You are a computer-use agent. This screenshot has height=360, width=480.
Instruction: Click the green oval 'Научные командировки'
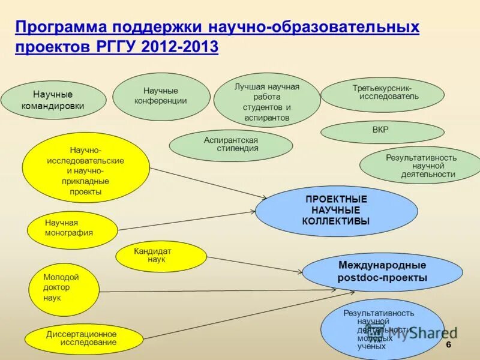[x=53, y=100]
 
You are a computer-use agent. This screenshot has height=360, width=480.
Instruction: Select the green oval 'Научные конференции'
[x=161, y=96]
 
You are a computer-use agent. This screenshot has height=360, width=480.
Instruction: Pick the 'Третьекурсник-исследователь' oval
[x=382, y=95]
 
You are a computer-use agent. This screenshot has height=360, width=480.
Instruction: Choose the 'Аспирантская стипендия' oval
[x=231, y=145]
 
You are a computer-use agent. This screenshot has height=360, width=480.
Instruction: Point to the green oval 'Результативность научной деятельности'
[x=421, y=166]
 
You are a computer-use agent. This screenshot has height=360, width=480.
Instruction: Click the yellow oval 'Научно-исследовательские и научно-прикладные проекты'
[x=86, y=167]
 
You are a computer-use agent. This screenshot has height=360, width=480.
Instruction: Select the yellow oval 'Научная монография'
[x=72, y=229]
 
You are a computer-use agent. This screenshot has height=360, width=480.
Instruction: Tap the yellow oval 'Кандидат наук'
[x=161, y=256]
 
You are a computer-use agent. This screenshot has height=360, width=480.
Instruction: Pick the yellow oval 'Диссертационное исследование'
[x=81, y=339]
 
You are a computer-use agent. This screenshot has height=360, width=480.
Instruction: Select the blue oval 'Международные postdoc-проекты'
[x=382, y=272]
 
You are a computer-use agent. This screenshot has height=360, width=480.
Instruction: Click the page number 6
[x=448, y=347]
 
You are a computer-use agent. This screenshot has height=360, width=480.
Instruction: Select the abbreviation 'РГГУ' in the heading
[x=113, y=47]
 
